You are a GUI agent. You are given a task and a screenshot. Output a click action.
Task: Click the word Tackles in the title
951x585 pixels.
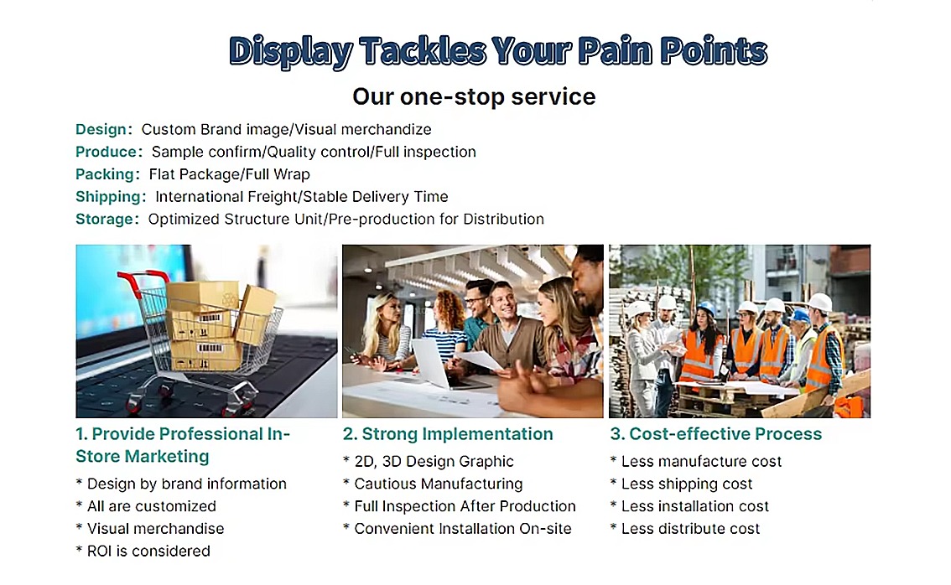(x=423, y=50)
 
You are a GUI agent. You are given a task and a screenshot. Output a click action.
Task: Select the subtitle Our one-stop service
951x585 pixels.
(x=475, y=96)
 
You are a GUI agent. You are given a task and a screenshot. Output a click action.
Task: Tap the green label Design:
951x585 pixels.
(x=104, y=129)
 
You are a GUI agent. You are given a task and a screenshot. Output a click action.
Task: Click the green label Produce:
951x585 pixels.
(x=109, y=152)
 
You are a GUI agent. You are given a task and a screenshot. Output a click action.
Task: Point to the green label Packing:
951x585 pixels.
(x=108, y=174)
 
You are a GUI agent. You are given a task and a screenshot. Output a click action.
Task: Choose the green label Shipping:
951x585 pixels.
(x=111, y=197)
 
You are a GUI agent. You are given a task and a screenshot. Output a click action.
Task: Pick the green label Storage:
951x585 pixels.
(x=107, y=219)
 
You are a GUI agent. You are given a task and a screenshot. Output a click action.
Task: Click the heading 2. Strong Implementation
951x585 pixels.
(x=448, y=434)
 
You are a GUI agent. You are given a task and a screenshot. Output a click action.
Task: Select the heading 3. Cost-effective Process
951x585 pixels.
(x=715, y=434)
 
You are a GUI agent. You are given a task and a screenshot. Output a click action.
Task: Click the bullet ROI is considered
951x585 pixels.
(x=143, y=551)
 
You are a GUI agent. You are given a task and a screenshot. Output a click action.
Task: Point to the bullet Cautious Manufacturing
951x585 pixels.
(x=433, y=484)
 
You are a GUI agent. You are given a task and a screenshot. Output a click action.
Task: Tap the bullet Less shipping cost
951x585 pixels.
(x=681, y=484)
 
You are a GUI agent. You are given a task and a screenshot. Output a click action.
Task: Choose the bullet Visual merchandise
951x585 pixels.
(x=150, y=529)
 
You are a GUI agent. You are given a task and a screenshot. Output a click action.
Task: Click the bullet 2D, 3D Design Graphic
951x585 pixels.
(x=429, y=461)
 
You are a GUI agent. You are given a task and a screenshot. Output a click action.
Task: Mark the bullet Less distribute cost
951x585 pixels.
(x=685, y=529)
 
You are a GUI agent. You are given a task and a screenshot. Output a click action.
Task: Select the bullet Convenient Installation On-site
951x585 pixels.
(x=457, y=529)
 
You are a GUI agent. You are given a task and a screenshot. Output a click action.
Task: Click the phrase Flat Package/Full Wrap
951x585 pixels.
(x=230, y=174)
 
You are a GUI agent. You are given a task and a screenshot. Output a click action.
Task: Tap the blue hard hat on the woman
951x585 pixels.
(x=707, y=308)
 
